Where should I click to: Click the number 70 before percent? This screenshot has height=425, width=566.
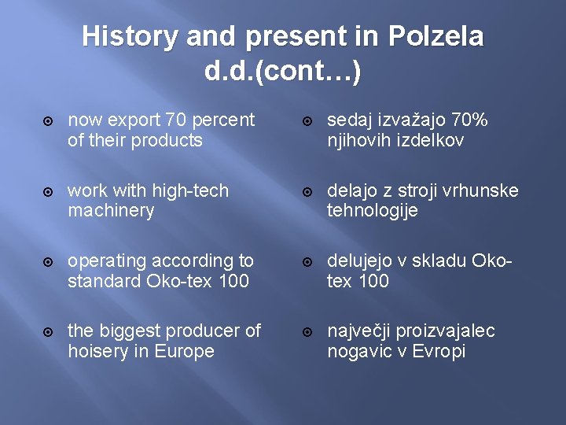click(177, 120)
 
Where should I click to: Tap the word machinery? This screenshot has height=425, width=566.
click(111, 211)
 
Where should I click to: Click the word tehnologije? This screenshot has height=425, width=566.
click(373, 211)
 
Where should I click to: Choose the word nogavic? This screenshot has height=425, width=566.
click(359, 351)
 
